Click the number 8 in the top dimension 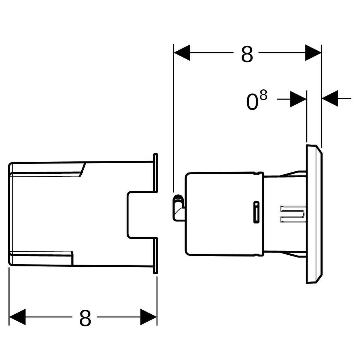point(247,54)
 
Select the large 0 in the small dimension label point(252,102)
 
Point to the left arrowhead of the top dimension point(182,53)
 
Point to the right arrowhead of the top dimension point(313,53)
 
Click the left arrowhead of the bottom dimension point(17,317)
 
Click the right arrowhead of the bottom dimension point(148,317)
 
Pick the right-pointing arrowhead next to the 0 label point(298,99)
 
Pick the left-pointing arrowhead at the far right point(330,98)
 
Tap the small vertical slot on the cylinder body point(256,212)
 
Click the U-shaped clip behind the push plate point(293,214)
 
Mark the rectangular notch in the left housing point(141,215)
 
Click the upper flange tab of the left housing point(155,173)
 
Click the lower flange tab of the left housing point(155,256)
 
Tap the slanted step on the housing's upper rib point(82,169)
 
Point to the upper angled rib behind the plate point(293,174)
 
